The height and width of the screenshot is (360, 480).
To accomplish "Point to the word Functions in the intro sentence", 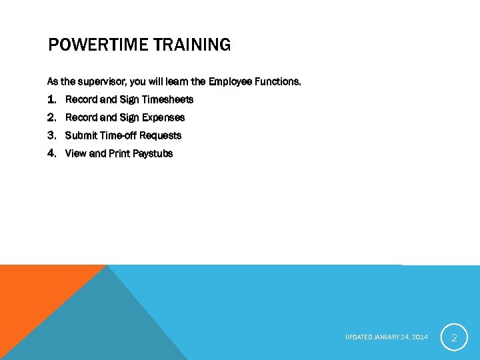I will point(277,82).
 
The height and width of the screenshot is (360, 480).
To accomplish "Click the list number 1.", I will point(52,99).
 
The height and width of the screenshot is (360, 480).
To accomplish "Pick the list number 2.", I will point(52,117).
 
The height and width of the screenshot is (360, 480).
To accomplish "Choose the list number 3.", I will point(52,135).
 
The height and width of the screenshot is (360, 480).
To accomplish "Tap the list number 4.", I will point(52,153).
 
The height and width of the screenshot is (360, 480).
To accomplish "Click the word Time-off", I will point(117,135).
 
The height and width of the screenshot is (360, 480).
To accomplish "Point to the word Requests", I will point(160,135).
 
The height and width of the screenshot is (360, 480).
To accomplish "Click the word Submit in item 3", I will point(80,135).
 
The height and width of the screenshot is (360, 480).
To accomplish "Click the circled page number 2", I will point(454,337).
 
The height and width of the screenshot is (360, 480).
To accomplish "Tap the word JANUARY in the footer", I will point(386,337).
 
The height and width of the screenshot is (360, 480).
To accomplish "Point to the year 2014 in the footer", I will point(420,337).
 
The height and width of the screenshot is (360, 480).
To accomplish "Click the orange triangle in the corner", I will point(33,293).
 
